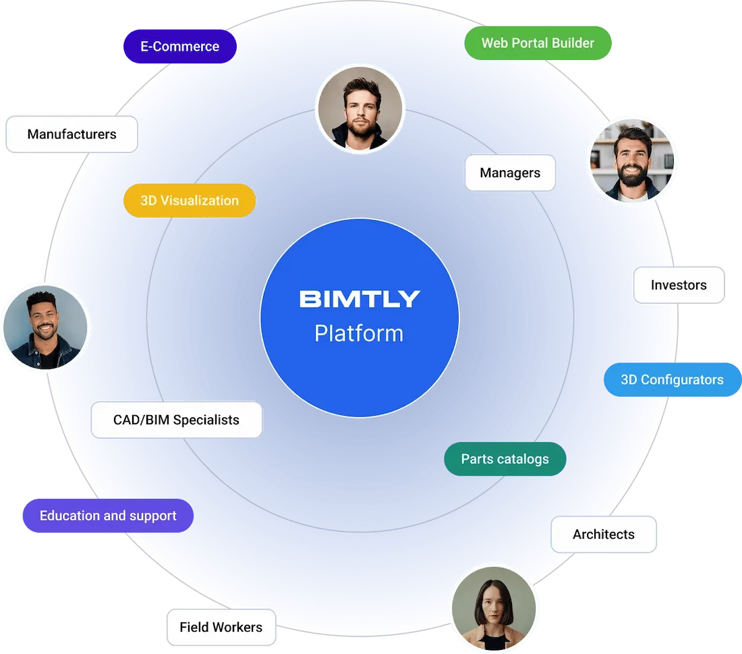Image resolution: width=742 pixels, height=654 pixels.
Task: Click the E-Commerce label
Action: [x=179, y=47]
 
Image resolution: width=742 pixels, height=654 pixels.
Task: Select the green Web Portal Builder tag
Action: [x=538, y=43]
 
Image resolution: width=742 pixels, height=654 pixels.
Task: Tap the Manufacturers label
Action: [x=72, y=134]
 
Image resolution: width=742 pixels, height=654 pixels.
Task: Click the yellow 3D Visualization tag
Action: [x=190, y=200]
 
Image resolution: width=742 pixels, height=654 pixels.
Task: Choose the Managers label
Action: [x=510, y=173]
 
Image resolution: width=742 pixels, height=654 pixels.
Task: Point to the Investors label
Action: [x=679, y=285]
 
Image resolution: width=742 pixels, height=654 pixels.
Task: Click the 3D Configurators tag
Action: [x=672, y=379]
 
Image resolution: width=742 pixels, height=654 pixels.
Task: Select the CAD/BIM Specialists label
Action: [x=176, y=420]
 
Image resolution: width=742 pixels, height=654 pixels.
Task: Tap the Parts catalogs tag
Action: [x=505, y=459]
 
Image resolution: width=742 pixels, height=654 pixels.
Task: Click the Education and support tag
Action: [x=108, y=516]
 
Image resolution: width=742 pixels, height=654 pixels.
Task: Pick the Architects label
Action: [x=604, y=535]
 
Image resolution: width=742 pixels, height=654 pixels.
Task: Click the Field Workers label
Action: [x=221, y=627]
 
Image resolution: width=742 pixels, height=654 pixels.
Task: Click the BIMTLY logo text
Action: [x=360, y=299]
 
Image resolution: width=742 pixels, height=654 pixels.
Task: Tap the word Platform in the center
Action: [x=359, y=333]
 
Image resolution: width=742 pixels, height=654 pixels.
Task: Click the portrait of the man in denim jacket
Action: [x=46, y=327]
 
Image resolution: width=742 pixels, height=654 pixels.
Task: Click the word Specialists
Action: [x=206, y=420]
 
